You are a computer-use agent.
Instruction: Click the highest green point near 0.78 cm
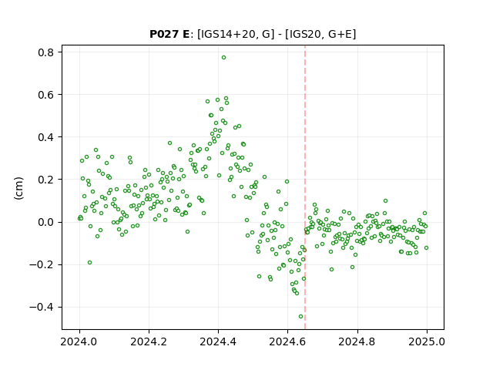pyautogui.click(x=223, y=58)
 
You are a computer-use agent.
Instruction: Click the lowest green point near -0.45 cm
pyautogui.click(x=300, y=317)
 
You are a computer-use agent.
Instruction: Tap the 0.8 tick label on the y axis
pyautogui.click(x=46, y=52)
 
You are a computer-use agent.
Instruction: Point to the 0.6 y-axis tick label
pyautogui.click(x=46, y=95)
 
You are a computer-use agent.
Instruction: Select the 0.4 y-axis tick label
pyautogui.click(x=46, y=137)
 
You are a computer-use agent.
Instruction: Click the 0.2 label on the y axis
pyautogui.click(x=46, y=180)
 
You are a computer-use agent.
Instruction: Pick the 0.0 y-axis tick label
pyautogui.click(x=46, y=223)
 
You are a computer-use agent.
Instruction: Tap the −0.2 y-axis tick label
pyautogui.click(x=42, y=265)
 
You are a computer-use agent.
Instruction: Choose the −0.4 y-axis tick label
pyautogui.click(x=42, y=308)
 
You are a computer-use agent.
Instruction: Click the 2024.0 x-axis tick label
pyautogui.click(x=79, y=341)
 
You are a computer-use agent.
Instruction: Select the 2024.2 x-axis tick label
pyautogui.click(x=149, y=341)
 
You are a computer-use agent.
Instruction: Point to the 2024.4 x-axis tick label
pyautogui.click(x=218, y=341)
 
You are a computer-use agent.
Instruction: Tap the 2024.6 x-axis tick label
pyautogui.click(x=287, y=341)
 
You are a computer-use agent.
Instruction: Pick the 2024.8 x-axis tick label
pyautogui.click(x=357, y=341)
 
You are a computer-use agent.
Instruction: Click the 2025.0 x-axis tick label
pyautogui.click(x=427, y=341)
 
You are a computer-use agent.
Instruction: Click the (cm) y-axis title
pyautogui.click(x=18, y=188)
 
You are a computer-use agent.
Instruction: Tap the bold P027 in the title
pyautogui.click(x=164, y=34)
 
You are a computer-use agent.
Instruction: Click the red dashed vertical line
pyautogui.click(x=305, y=187)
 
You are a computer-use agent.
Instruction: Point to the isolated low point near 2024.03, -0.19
pyautogui.click(x=89, y=263)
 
